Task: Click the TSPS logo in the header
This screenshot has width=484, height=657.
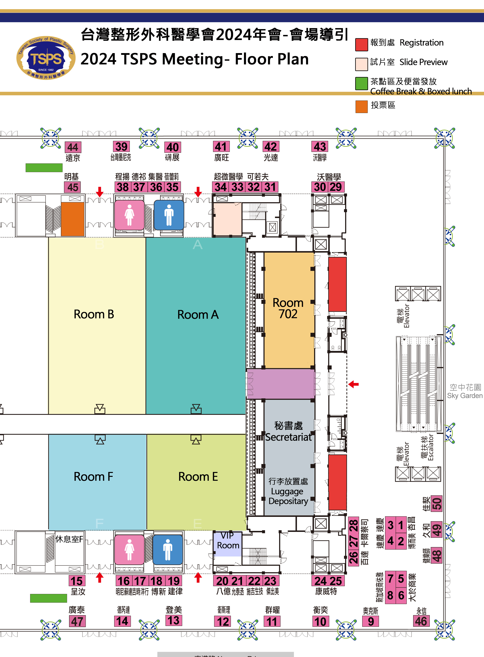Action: pos(46,58)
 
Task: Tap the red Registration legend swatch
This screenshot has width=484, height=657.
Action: pos(361,45)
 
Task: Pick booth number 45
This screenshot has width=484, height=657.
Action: pos(73,187)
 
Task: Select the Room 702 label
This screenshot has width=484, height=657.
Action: pos(288,308)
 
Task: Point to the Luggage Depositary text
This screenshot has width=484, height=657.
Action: pos(288,496)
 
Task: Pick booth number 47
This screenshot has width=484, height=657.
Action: pos(77,621)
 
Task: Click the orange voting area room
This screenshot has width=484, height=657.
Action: pos(73,219)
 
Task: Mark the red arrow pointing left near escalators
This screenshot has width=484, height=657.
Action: pos(354,384)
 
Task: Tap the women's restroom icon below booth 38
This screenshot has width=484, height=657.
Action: pos(129,215)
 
